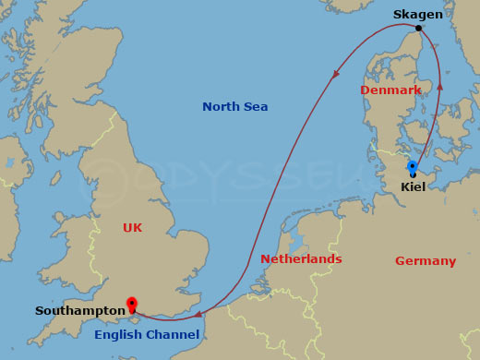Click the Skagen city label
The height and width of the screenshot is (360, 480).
pyautogui.click(x=417, y=14)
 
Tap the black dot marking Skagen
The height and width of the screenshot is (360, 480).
pyautogui.click(x=418, y=28)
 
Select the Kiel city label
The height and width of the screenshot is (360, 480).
pyautogui.click(x=413, y=186)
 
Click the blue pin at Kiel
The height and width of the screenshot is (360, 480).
pyautogui.click(x=413, y=167)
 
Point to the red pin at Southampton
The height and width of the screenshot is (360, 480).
pyautogui.click(x=132, y=304)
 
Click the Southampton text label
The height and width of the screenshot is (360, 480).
pyautogui.click(x=79, y=311)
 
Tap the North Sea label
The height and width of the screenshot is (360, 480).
pyautogui.click(x=234, y=107)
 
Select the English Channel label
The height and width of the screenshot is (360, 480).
pyautogui.click(x=146, y=334)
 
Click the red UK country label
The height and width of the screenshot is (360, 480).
pyautogui.click(x=132, y=227)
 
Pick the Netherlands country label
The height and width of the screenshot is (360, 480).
pyautogui.click(x=301, y=259)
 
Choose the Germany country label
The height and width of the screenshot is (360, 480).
pyautogui.click(x=425, y=261)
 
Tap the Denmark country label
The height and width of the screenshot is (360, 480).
pyautogui.click(x=390, y=90)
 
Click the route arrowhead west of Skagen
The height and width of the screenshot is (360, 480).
pyautogui.click(x=335, y=73)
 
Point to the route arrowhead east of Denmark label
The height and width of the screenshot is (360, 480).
pyautogui.click(x=439, y=86)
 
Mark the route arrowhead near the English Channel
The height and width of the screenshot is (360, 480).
pyautogui.click(x=198, y=314)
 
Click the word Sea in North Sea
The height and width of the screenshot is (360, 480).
pyautogui.click(x=256, y=107)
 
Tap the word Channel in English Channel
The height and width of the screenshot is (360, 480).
pyautogui.click(x=174, y=334)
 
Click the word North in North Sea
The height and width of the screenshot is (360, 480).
pyautogui.click(x=222, y=107)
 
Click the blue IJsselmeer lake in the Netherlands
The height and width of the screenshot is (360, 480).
pyautogui.click(x=297, y=242)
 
